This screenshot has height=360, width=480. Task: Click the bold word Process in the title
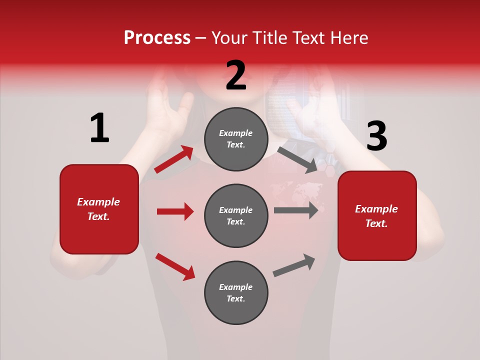click(x=157, y=37)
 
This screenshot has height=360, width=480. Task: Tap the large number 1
click(x=99, y=128)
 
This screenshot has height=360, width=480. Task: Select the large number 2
click(x=236, y=75)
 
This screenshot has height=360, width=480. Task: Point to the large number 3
click(x=376, y=136)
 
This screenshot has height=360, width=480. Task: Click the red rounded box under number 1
click(x=99, y=209)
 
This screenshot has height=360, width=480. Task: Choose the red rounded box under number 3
click(x=377, y=215)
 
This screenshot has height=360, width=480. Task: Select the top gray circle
click(x=236, y=139)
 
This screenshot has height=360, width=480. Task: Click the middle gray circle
click(x=236, y=215)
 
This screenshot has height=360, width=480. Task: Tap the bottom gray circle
click(x=236, y=292)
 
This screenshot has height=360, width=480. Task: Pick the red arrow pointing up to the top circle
click(x=173, y=160)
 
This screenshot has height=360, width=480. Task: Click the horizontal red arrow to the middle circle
click(x=175, y=211)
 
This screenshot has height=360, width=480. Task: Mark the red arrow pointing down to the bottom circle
click(x=175, y=266)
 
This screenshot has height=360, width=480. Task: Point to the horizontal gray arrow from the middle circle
click(x=295, y=210)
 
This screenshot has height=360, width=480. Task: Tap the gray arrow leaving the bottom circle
click(x=294, y=265)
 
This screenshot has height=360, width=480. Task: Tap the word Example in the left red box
click(x=98, y=202)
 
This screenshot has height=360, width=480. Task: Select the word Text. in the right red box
click(x=376, y=223)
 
